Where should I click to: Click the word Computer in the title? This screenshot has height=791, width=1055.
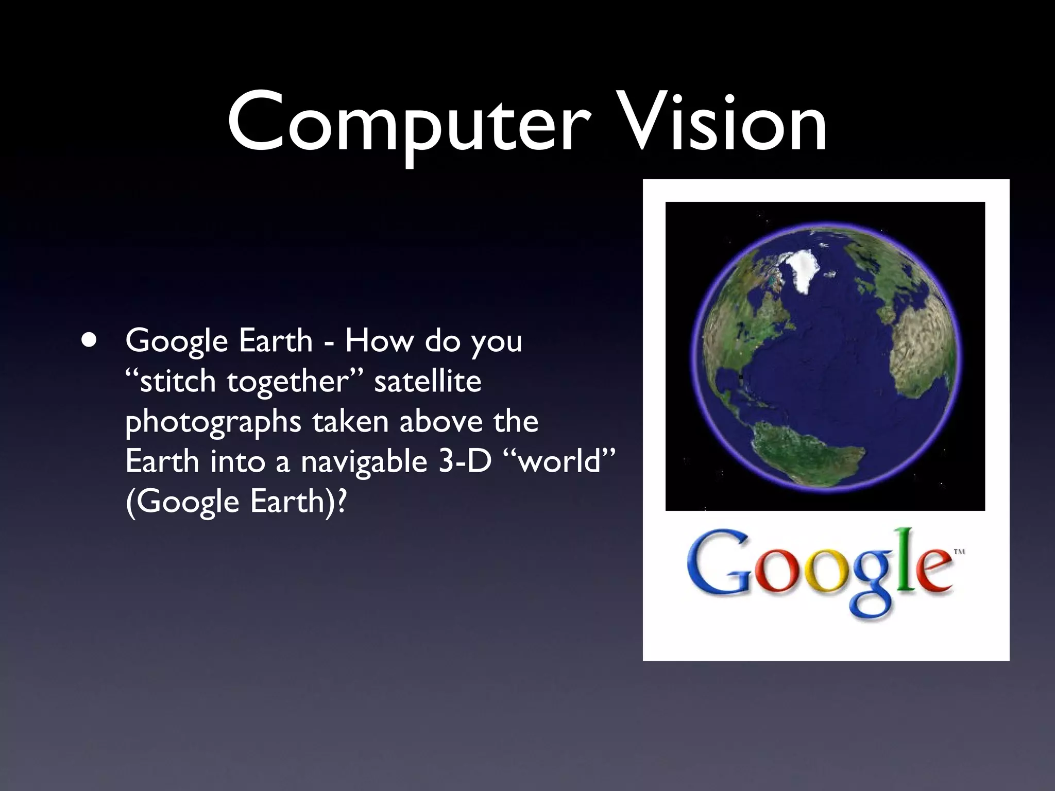point(407,124)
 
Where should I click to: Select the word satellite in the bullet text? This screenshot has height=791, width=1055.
point(428,382)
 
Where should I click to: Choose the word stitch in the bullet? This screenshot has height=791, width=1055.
point(177,382)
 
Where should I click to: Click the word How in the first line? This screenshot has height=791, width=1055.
point(378,340)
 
